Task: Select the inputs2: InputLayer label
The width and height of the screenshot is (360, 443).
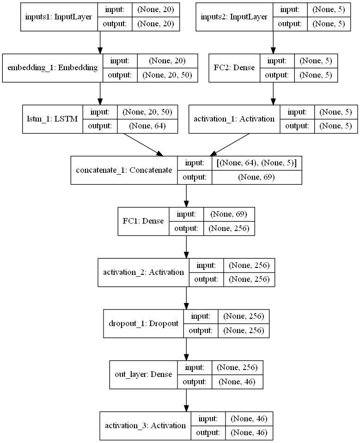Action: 234,17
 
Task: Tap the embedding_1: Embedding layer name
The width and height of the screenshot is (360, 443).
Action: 53,68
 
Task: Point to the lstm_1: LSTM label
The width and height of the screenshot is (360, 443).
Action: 52,119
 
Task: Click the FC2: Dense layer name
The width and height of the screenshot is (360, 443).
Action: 234,68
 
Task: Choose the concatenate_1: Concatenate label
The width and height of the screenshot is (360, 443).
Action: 123,170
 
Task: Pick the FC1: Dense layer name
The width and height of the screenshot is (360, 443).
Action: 143,221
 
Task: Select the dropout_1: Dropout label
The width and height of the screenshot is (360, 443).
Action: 143,323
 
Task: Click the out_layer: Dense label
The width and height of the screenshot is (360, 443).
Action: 144,375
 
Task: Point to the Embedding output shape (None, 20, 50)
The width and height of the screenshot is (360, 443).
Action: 167,75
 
